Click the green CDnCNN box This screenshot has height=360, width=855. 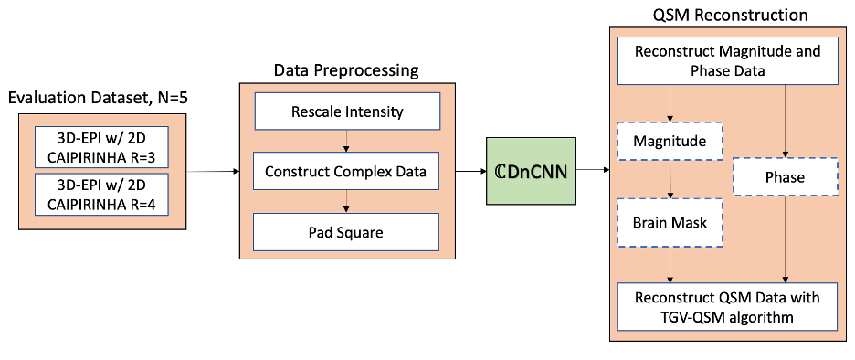click(531, 171)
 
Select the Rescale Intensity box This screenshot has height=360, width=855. click(347, 111)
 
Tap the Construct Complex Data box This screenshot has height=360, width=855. click(347, 171)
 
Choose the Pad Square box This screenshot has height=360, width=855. click(347, 232)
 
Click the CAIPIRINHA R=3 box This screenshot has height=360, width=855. click(101, 147)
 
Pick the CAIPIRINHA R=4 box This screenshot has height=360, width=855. click(101, 193)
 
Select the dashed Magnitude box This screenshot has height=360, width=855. click(670, 141)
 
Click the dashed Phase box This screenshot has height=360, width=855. click(785, 176)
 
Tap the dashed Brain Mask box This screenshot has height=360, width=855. click(670, 223)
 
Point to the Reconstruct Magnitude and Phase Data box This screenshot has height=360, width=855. click(727, 60)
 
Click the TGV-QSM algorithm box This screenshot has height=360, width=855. click(727, 306)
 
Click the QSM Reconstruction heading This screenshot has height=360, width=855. click(730, 16)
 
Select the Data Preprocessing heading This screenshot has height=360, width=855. click(345, 70)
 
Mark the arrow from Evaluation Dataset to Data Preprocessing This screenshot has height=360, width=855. click(213, 171)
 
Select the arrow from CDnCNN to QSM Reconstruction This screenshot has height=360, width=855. click(593, 171)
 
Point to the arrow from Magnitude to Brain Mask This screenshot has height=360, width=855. click(670, 179)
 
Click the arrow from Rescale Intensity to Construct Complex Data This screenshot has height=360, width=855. click(345, 142)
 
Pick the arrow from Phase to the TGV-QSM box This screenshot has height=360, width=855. click(786, 239)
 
